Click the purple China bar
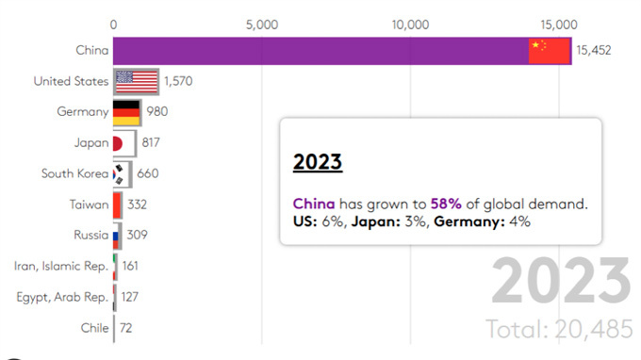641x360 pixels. pos(320,51)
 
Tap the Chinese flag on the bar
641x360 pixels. pos(550,51)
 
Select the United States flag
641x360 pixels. pos(136,81)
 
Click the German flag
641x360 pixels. pos(126,112)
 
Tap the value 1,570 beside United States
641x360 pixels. pos(178,82)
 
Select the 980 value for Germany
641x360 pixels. pos(157,112)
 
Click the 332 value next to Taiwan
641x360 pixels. pos(136,205)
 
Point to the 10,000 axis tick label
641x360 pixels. pos(410,24)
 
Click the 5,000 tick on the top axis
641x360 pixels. pos(261,24)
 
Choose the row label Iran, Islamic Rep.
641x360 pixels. pos(61,266)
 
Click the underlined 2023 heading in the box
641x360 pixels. pos(318,162)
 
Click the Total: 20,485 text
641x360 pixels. pos(557,329)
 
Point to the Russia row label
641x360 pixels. pos(90,235)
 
